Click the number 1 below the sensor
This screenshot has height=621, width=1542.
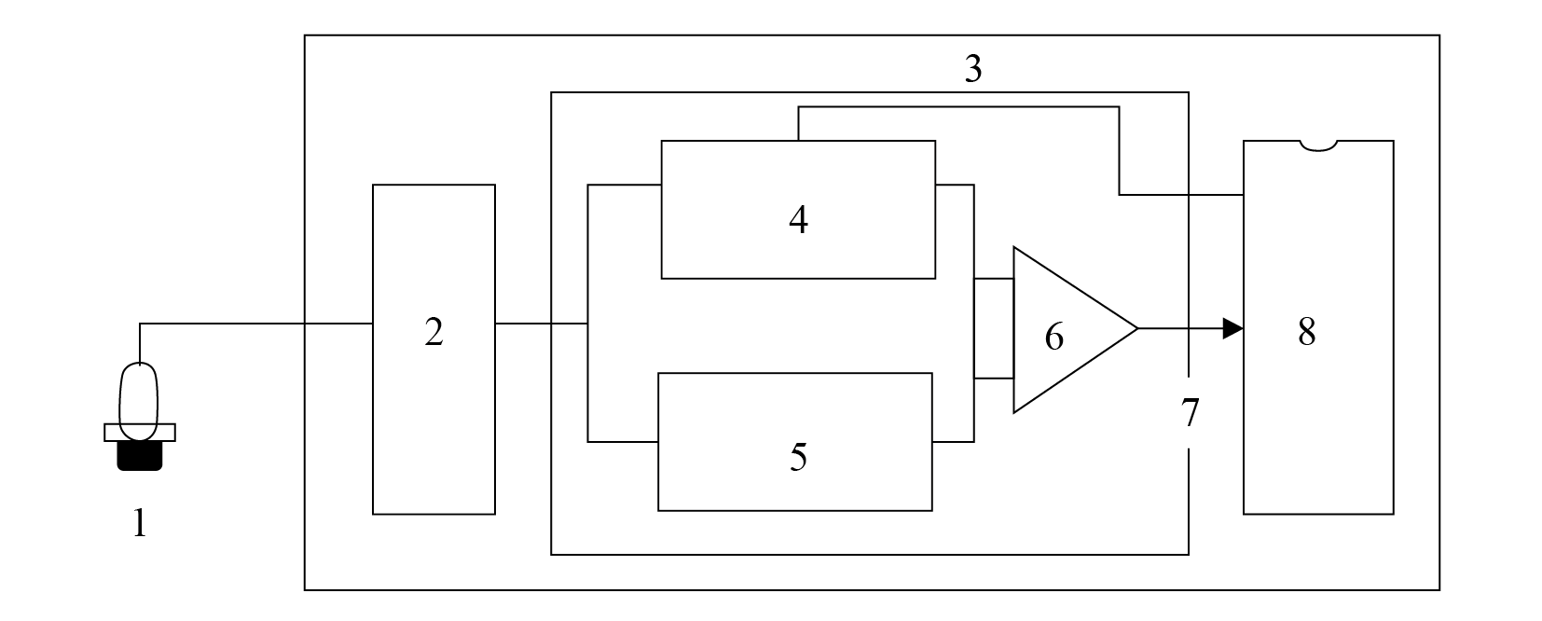tap(140, 522)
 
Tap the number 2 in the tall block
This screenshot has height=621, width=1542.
tap(434, 332)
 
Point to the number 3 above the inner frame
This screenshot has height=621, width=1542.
tap(972, 68)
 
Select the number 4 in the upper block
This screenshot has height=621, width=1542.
tap(799, 220)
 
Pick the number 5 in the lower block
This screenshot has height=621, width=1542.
tap(799, 457)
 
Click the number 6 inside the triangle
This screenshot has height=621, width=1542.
tap(1053, 337)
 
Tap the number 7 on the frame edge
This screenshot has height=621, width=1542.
tap(1191, 413)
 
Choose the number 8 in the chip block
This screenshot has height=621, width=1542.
tap(1306, 331)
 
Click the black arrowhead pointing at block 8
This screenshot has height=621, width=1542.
tap(1232, 328)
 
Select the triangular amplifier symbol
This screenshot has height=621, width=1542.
tap(1014, 329)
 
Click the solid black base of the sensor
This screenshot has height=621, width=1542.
tap(140, 456)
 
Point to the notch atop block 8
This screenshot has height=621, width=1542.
tap(1318, 145)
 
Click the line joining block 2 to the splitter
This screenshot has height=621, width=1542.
tap(541, 324)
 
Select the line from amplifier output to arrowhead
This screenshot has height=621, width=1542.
tap(1180, 328)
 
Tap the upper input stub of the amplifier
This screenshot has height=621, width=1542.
tap(994, 279)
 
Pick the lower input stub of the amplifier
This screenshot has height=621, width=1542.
tap(994, 378)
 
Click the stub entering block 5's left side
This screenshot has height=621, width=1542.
tap(623, 442)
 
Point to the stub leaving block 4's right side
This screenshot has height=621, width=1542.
tap(955, 185)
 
